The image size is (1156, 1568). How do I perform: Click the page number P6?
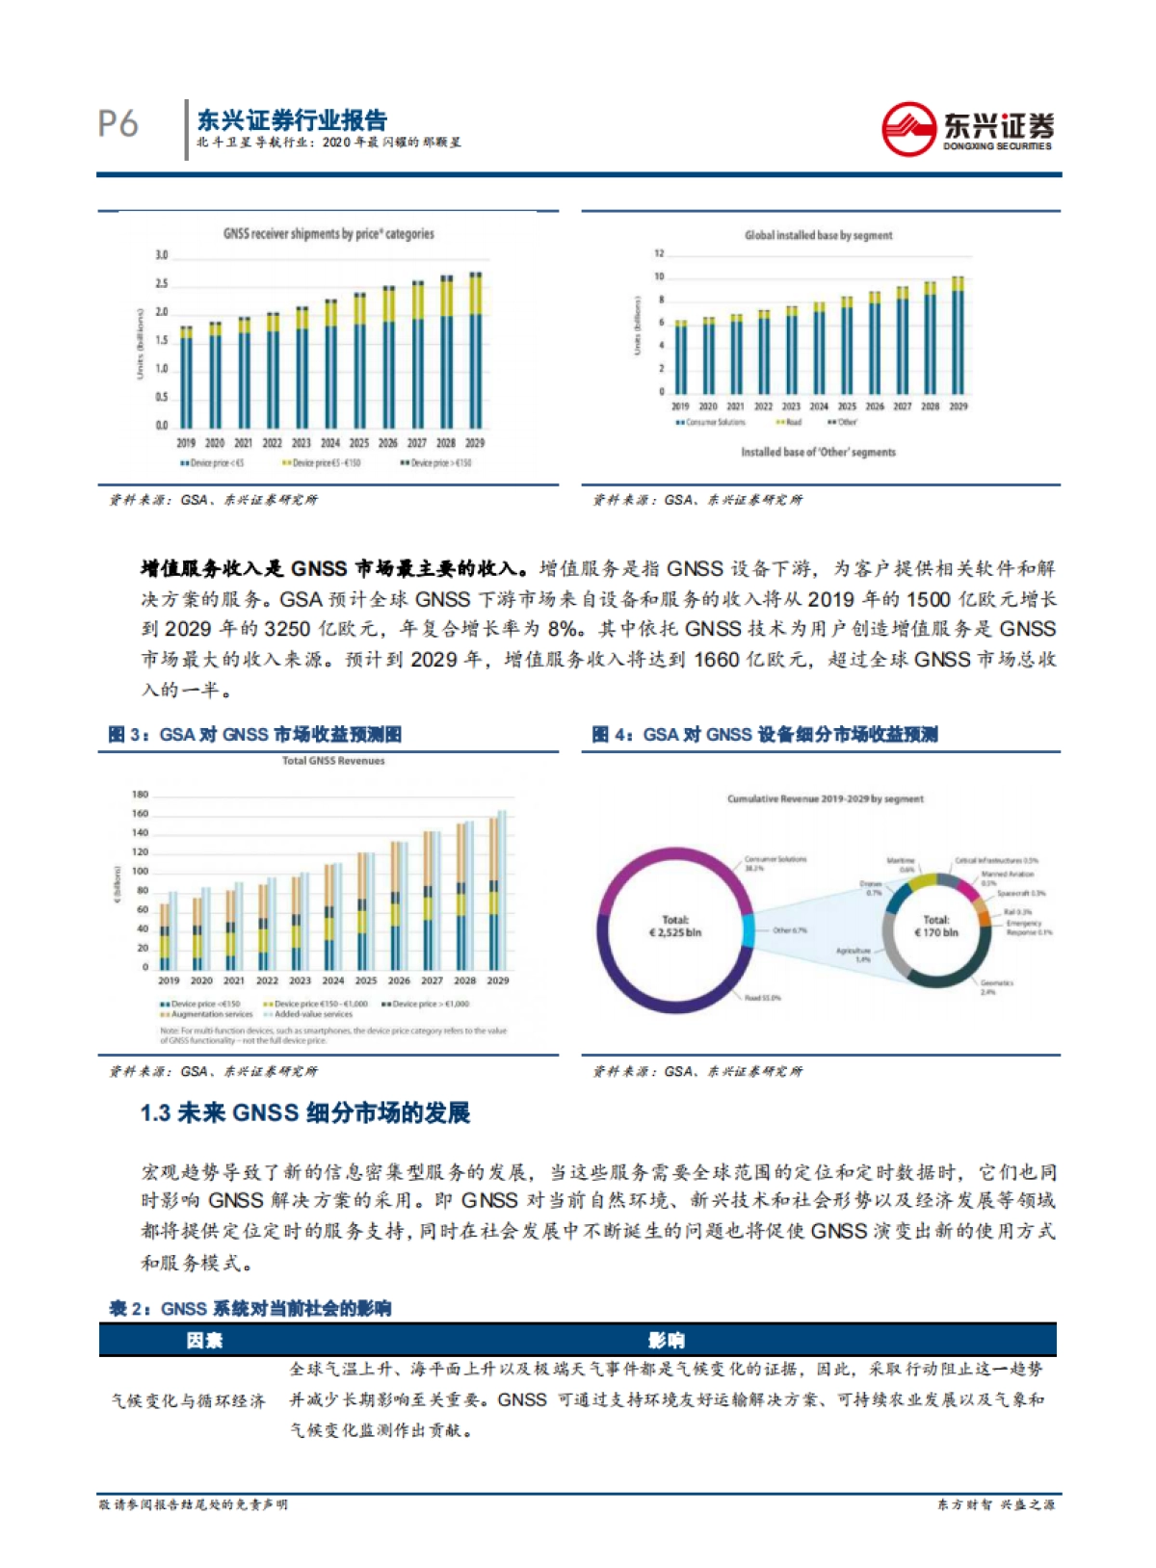pos(118,124)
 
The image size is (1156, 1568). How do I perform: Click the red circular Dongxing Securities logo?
pos(907,129)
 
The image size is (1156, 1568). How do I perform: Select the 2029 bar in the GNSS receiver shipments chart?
pos(475,352)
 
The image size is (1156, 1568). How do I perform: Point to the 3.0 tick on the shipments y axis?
pos(162,255)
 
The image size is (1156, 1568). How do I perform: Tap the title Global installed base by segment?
pos(818,235)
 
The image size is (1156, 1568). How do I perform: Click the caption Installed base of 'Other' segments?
pos(818,452)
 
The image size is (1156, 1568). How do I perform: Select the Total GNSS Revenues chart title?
pos(333,761)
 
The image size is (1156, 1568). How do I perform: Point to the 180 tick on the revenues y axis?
pos(141,795)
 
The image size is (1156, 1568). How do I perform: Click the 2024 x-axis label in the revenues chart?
pos(332,980)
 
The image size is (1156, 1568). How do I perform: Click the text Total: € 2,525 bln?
pos(675,927)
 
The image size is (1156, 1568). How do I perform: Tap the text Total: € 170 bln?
pos(935,927)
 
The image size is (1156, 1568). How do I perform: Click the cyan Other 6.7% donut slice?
pos(748,930)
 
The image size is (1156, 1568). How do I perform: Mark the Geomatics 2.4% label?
pos(996,986)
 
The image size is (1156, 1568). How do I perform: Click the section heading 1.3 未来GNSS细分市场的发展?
pos(305,1113)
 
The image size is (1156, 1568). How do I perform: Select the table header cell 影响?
pos(666,1340)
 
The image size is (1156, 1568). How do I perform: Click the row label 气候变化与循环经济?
pos(188,1400)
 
